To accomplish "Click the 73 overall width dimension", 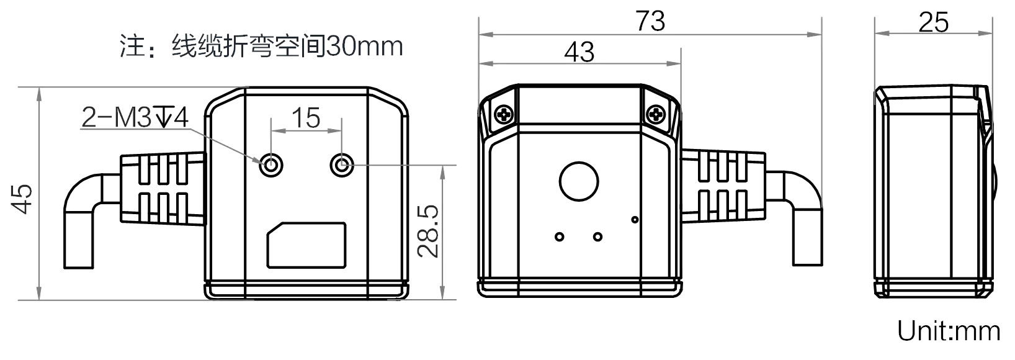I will [650, 21].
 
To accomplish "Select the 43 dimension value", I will [579, 52].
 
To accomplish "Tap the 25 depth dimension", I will [933, 22].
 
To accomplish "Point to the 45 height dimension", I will [23, 199].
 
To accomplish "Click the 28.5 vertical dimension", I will [429, 230].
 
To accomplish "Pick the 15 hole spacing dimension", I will [307, 117].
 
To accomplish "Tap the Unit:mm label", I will [949, 331].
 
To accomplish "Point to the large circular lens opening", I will [579, 181].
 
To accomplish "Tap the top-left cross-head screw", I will [503, 114].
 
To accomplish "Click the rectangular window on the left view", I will [306, 245].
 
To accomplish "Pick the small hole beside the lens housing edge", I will [634, 218].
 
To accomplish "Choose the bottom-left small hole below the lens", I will [560, 236].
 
